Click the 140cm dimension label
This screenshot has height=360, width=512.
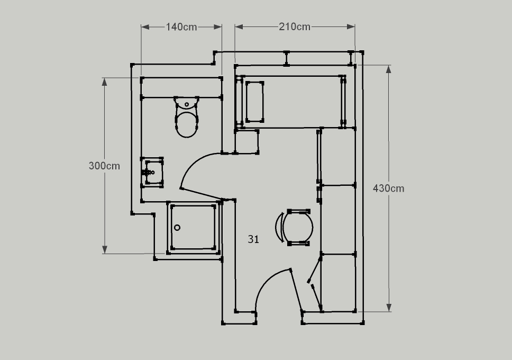coord(181,27)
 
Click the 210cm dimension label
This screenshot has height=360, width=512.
coord(295,26)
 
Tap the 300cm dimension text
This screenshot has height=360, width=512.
coord(104,166)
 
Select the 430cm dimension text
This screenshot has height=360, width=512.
coord(389,188)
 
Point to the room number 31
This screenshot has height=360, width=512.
coord(253,239)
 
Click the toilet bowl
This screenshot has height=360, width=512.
coord(187,124)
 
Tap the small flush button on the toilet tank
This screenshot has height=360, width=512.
coord(187,105)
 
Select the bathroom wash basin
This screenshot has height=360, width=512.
coord(152,172)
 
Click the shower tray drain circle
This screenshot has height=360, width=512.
coord(177,228)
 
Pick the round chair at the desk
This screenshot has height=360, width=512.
coord(297,227)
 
